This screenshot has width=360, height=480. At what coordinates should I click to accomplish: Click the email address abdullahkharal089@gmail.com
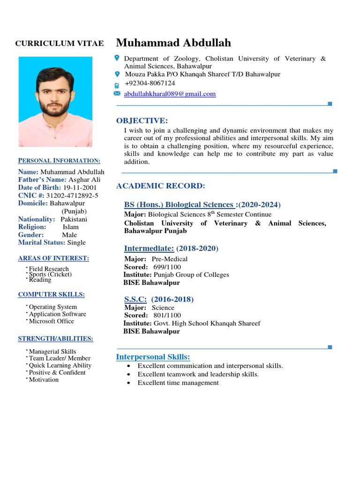[x=170, y=94]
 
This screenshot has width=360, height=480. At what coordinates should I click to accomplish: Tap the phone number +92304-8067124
[x=150, y=83]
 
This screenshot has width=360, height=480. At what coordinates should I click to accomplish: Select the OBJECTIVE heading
[x=142, y=120]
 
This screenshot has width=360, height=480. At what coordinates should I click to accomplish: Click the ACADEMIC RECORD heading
[x=160, y=186]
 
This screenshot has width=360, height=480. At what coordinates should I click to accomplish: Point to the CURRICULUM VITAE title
[x=60, y=44]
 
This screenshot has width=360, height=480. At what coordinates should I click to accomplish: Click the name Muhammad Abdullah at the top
[x=173, y=43]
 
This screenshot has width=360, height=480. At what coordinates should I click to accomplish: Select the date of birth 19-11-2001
[x=80, y=187]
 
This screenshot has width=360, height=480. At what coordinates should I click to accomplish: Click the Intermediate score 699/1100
[x=167, y=267]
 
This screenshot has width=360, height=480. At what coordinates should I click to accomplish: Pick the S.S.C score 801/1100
[x=167, y=315]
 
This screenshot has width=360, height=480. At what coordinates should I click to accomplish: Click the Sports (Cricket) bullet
[x=50, y=274]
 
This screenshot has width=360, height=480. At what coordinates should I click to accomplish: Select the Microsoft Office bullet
[x=52, y=321]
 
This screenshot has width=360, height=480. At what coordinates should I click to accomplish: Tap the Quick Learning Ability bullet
[x=60, y=365]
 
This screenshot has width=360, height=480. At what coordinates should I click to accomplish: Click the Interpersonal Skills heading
[x=153, y=357]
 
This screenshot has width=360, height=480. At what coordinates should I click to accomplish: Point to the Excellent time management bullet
[x=178, y=383]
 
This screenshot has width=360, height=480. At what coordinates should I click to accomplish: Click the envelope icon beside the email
[x=117, y=94]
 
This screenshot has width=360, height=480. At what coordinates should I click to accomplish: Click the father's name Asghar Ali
[x=84, y=180]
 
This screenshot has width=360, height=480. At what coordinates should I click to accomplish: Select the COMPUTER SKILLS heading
[x=51, y=294]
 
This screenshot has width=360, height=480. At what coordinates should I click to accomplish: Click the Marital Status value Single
[x=76, y=242]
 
